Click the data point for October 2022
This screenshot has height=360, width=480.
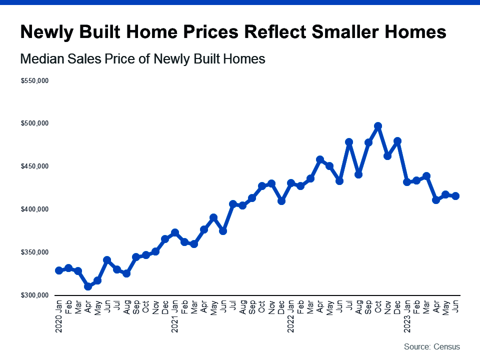tap(378, 126)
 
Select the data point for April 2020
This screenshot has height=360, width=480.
tap(88, 286)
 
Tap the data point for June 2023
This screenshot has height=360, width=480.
tap(455, 196)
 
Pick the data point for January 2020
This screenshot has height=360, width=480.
tap(59, 270)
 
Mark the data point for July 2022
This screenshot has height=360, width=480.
tap(349, 142)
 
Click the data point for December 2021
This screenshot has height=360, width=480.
tap(281, 201)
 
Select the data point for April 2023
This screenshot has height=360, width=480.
tap(436, 200)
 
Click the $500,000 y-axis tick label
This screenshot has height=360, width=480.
tap(34, 123)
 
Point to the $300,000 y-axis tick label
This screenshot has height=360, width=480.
tap(34, 295)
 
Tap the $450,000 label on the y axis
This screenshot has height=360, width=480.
tap(34, 166)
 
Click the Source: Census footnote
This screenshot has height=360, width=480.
tap(431, 346)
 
